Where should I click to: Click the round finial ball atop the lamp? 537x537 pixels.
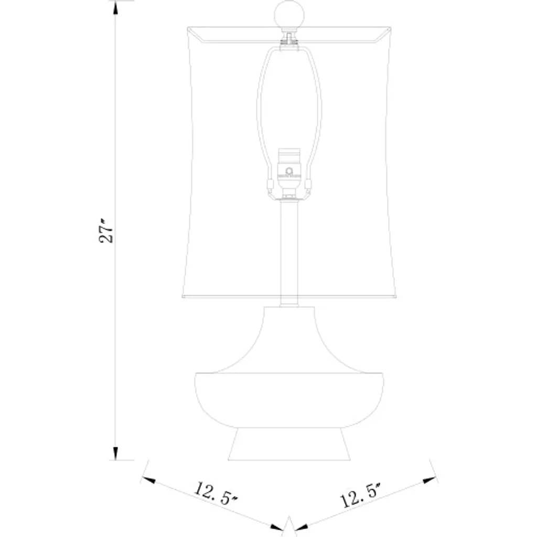pos(289,14)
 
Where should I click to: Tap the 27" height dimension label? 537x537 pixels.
pos(106,231)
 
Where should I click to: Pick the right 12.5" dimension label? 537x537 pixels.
pos(361,495)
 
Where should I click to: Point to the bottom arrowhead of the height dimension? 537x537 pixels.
pos(115,454)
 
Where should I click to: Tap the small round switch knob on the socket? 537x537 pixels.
pos(289,171)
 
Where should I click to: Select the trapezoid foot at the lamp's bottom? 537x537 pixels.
pos(289,444)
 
